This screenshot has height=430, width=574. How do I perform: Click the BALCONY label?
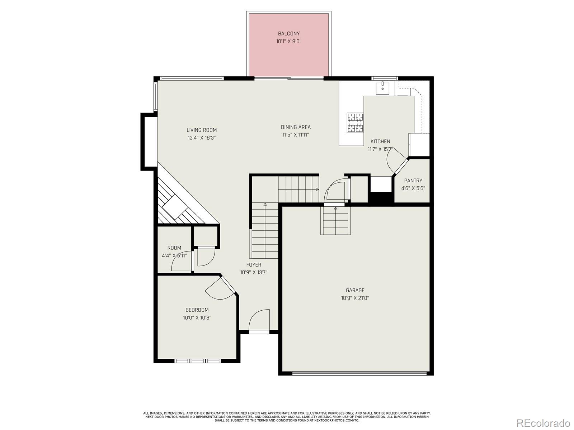288,34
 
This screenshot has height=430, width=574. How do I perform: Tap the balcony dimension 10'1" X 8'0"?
288,42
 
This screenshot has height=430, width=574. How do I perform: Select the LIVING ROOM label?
201,130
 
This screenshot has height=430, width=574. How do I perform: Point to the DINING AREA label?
296,127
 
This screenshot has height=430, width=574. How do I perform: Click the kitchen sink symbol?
382,88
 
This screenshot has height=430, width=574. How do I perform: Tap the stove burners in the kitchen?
355,123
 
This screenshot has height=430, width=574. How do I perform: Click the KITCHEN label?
380,142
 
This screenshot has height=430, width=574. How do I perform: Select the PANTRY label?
413,181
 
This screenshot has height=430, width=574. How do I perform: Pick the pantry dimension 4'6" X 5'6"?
413,188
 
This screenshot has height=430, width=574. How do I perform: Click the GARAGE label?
355,290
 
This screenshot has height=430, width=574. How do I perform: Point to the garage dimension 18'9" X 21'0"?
355,298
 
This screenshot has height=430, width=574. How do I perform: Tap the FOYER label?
253,265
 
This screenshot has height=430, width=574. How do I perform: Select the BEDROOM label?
197,310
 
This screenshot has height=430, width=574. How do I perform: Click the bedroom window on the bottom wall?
197,360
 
